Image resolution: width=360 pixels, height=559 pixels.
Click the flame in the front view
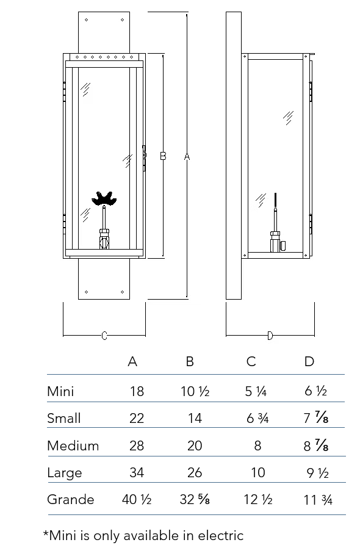tap(104, 198)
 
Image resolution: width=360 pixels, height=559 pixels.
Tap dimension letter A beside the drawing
tap(187, 156)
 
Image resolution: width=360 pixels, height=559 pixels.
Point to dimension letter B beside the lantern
tap(163, 156)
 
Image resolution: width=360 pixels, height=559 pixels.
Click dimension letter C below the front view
tap(104, 336)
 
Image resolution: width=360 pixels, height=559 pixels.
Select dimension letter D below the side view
tap(270, 336)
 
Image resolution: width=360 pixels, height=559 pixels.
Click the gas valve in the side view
tap(277, 242)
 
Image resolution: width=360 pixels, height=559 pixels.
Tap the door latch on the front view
tap(144, 158)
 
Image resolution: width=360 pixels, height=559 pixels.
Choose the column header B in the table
tap(190, 361)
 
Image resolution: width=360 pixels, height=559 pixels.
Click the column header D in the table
tap(309, 361)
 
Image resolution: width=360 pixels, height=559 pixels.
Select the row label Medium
tap(73, 445)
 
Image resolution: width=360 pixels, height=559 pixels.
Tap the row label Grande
tap(71, 499)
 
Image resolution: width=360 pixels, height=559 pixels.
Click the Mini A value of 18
tap(137, 391)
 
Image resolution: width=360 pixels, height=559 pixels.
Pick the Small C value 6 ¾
tap(257, 418)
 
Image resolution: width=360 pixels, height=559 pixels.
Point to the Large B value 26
tap(195, 473)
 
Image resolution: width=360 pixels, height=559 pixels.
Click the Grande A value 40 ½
tap(137, 499)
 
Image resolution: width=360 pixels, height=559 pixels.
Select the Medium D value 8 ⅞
tap(316, 445)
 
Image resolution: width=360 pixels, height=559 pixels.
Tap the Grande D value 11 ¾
tap(317, 500)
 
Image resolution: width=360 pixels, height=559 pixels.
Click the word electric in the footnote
tap(221, 535)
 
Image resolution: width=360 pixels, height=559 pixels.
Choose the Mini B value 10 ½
tap(195, 391)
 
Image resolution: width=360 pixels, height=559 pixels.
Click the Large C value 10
tap(257, 473)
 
